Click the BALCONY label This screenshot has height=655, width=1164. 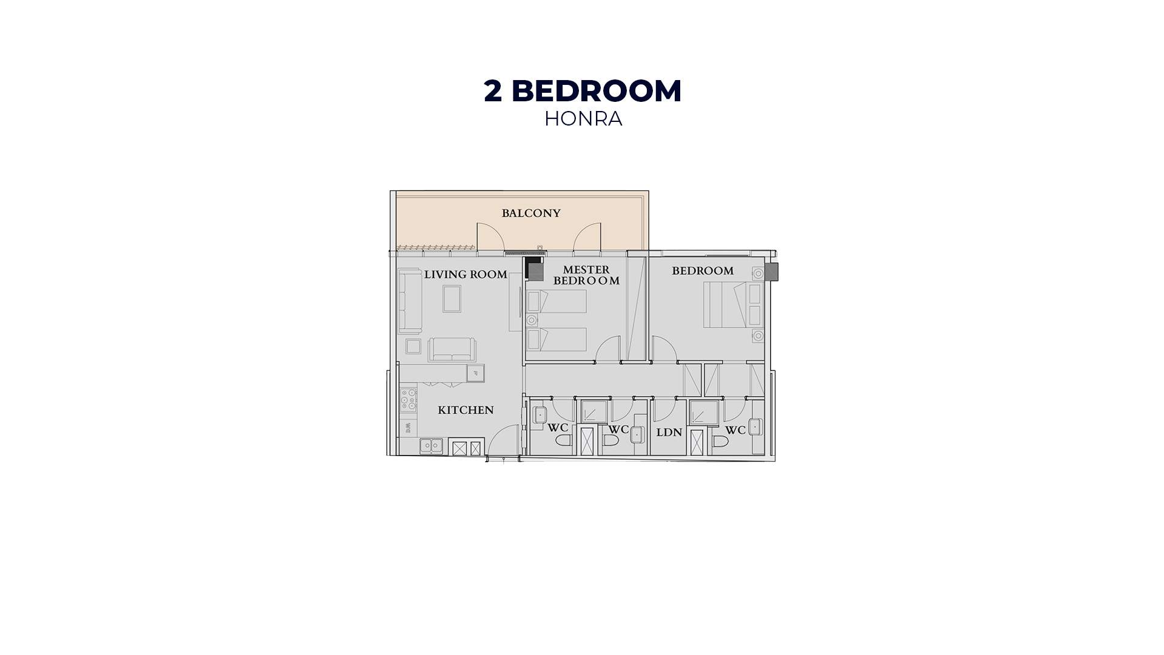pos(531,213)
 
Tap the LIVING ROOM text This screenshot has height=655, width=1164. pos(466,275)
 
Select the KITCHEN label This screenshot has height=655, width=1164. pos(466,411)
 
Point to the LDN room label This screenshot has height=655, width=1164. pos(669,433)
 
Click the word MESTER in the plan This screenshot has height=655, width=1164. pos(586,270)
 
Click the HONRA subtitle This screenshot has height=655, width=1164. pos(583,119)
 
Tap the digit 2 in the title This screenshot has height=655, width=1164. pos(493,91)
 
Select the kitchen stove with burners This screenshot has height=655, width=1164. pos(408,400)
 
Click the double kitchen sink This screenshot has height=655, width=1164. pos(431,446)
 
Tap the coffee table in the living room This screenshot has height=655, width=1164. pos(452,298)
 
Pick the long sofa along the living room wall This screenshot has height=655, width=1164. pos(410,301)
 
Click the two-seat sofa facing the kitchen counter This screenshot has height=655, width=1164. pos(452,349)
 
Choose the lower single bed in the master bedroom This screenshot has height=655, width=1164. pos(557,340)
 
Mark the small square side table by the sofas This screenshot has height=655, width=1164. pos(413,346)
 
